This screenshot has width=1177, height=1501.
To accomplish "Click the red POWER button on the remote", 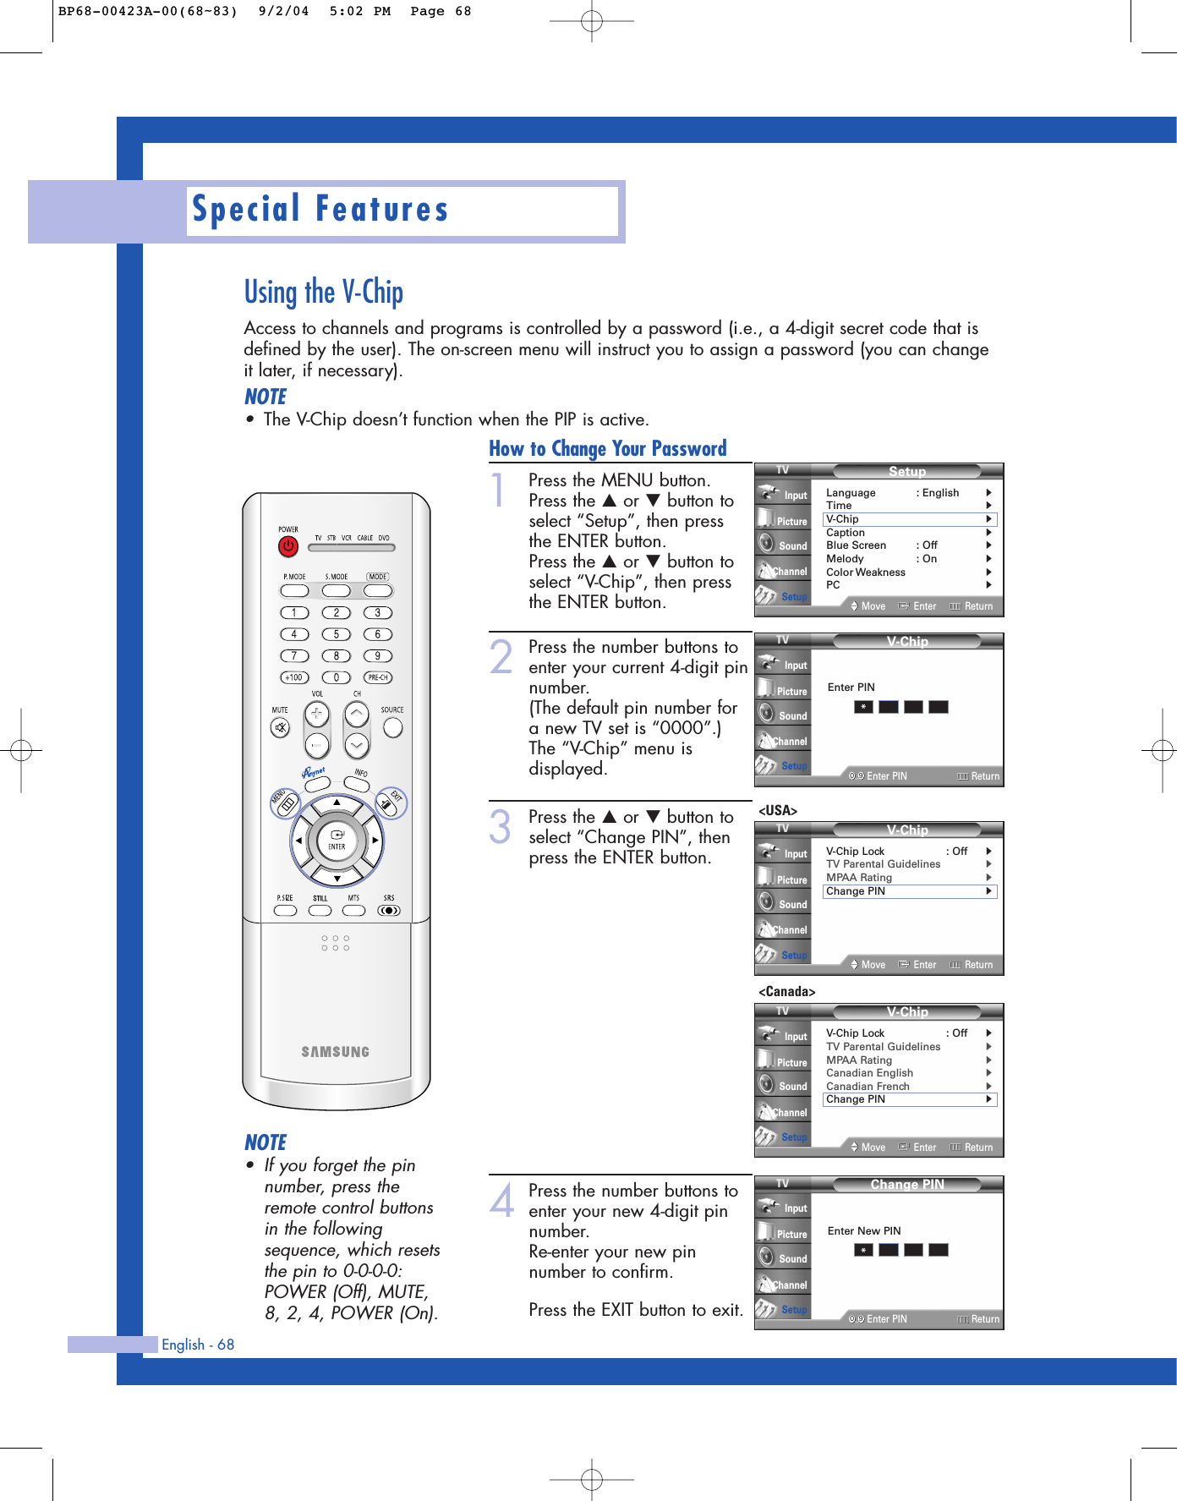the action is [288, 546].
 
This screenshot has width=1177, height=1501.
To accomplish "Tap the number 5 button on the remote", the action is [336, 634].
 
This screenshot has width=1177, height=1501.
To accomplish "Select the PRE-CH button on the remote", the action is [377, 677].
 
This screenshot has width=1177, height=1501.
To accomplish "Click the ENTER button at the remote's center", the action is [337, 840].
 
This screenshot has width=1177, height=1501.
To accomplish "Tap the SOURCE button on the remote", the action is [392, 726].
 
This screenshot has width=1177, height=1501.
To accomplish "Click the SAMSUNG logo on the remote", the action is [336, 1052].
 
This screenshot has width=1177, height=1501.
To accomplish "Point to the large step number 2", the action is [501, 657].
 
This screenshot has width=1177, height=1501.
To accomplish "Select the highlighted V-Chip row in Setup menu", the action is [910, 519].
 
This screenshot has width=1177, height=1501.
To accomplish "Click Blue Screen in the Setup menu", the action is [857, 545].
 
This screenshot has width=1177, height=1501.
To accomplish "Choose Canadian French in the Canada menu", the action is [868, 1087].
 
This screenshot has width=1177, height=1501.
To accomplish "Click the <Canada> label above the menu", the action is [786, 992].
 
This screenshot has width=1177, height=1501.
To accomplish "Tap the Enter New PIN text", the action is [863, 1231].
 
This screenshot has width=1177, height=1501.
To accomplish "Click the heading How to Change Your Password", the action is [607, 449].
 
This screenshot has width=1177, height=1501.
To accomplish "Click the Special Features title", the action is [320, 210].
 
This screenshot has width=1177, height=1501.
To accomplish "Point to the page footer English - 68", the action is [198, 1345].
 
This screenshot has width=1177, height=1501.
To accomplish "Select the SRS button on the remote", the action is [389, 911].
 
